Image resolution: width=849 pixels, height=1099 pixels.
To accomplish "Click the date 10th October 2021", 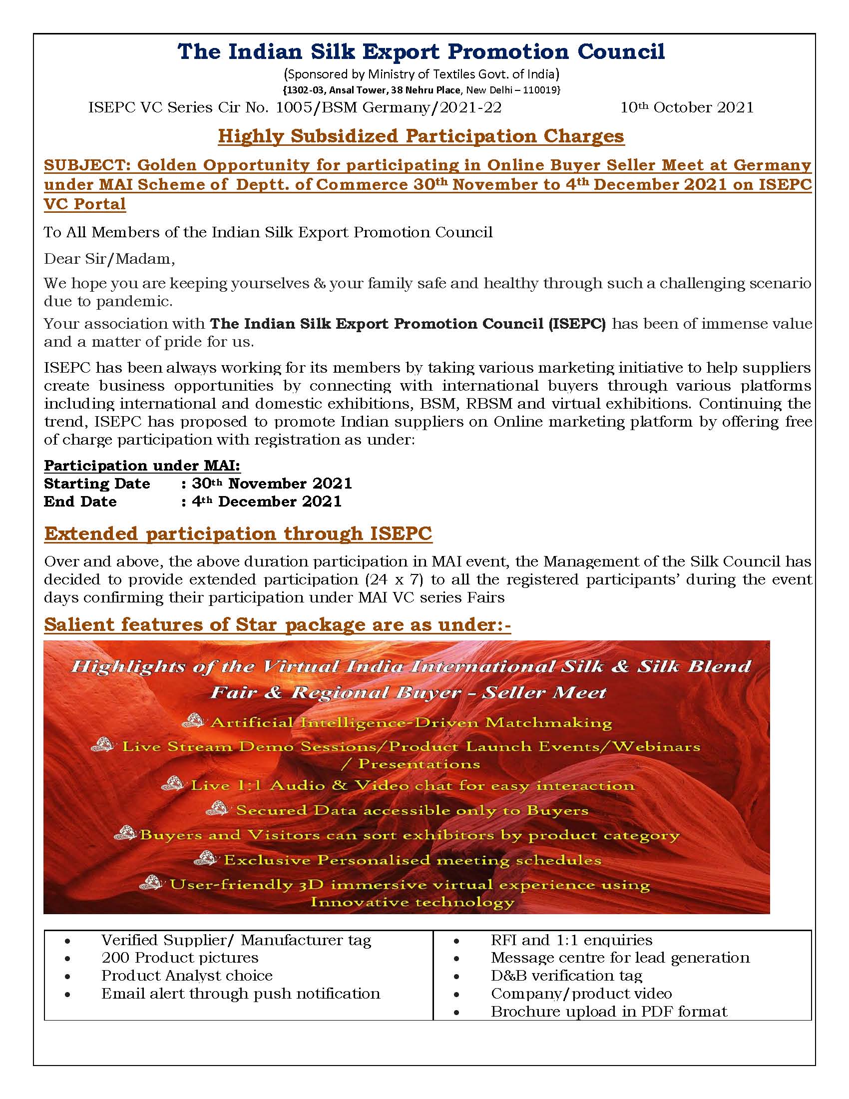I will tap(687, 108).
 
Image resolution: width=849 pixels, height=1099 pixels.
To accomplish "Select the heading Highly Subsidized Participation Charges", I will tap(421, 136).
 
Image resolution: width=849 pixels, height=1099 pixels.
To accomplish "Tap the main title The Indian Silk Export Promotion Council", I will tap(421, 52).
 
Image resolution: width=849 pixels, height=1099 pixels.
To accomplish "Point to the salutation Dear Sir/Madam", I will tap(109, 259).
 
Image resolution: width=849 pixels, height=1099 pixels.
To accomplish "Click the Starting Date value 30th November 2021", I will tap(272, 484).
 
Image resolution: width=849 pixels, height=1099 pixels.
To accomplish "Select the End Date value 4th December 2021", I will tap(267, 502).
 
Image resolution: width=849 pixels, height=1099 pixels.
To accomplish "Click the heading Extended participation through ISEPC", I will tap(238, 534).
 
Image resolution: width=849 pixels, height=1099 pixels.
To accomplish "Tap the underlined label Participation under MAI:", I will tap(142, 466).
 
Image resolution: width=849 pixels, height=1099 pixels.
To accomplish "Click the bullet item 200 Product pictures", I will tap(180, 958).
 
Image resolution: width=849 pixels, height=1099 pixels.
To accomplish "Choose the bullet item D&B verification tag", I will tap(566, 976).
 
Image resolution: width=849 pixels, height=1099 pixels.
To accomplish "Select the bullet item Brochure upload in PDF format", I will tap(609, 1012).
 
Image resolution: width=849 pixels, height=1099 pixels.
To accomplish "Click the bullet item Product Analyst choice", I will tap(187, 976).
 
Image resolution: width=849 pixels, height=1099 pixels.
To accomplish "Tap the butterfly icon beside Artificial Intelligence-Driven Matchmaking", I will tap(194, 720).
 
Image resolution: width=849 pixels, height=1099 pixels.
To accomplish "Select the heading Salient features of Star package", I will tap(277, 624).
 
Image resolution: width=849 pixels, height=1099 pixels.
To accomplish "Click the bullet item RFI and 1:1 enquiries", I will tap(571, 940).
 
